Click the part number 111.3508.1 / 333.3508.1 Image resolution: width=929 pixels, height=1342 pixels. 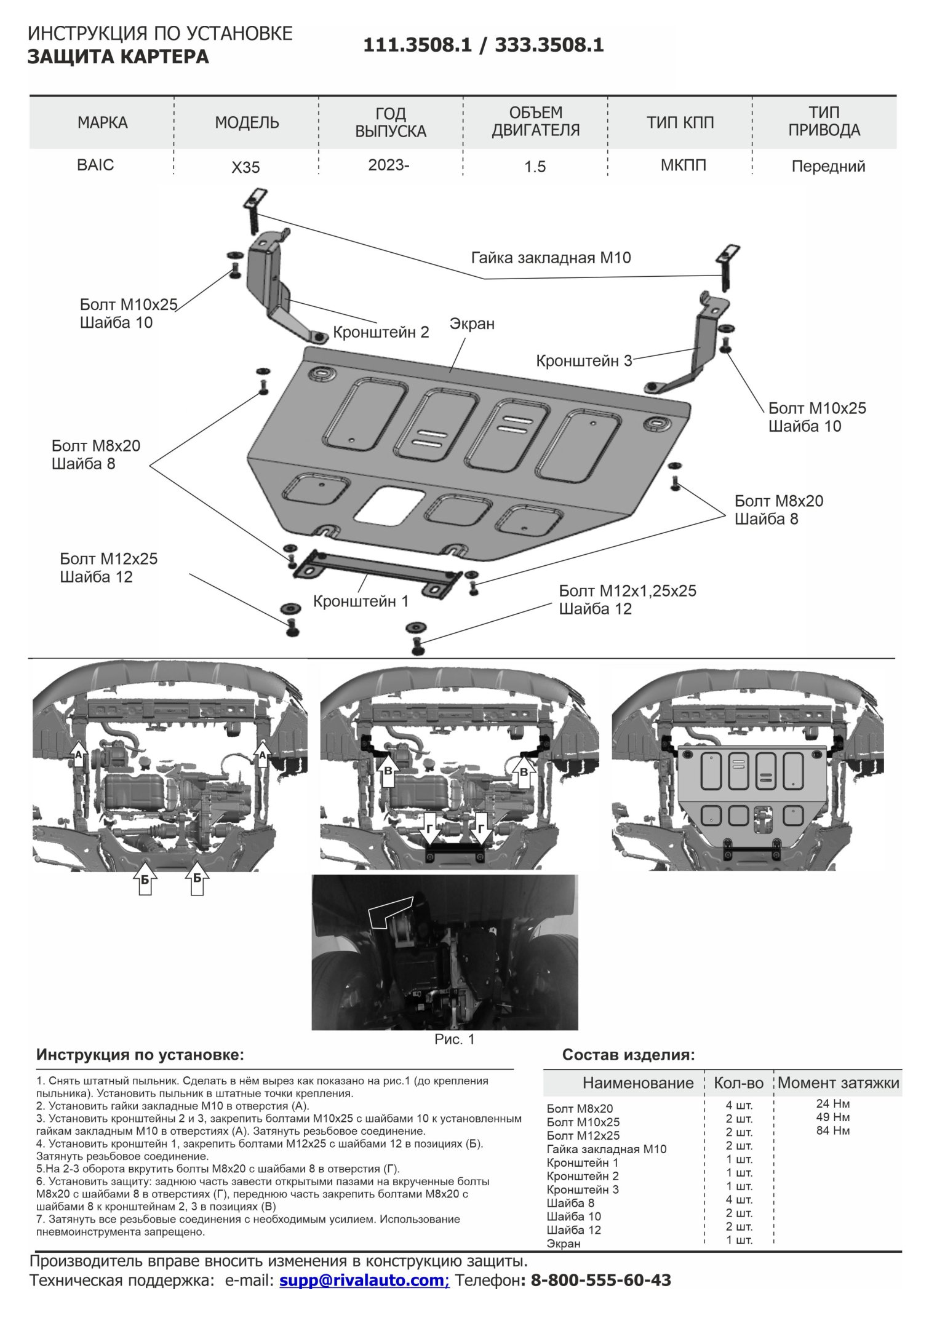coord(483,46)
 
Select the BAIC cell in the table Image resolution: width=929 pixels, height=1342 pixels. coord(95,165)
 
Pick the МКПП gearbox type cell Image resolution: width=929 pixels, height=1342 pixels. coord(683,165)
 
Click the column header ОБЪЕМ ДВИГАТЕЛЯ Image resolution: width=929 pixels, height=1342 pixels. coord(535,122)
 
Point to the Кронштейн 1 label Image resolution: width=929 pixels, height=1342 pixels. coord(361,601)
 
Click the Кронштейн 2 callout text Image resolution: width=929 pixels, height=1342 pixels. coord(381,332)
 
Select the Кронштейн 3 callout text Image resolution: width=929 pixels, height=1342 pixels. coord(584,360)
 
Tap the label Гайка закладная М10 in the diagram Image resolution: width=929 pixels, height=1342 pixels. coord(551,258)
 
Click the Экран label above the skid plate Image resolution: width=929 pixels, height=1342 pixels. coord(472,324)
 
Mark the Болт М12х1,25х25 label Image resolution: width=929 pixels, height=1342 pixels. coord(628,591)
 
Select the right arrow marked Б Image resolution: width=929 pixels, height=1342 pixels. coord(197,880)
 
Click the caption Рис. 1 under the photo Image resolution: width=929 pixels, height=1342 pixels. coord(454,1039)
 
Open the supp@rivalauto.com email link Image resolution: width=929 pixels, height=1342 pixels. coord(364,1280)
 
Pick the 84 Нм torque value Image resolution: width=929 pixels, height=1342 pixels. coord(832,1130)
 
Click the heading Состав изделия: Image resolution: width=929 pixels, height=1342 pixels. coord(628,1055)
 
